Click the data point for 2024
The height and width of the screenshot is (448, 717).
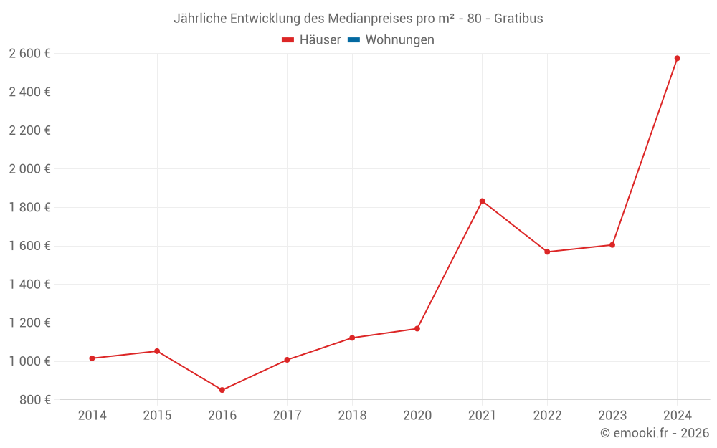(x=677, y=58)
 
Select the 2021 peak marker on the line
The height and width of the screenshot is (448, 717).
(x=482, y=201)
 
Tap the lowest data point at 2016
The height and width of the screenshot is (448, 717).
(x=222, y=390)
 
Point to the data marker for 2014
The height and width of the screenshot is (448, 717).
(x=92, y=358)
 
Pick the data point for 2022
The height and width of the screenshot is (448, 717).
(x=547, y=252)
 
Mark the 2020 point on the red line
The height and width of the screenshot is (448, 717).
(x=417, y=329)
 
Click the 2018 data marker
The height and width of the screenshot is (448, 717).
(x=352, y=338)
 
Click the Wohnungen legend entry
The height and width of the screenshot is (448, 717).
(x=399, y=40)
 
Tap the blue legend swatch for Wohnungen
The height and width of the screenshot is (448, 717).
(x=353, y=40)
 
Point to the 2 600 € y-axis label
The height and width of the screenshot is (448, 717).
(x=29, y=54)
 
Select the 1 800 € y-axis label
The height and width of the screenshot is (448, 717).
(x=29, y=207)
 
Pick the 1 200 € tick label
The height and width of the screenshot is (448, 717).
(x=29, y=323)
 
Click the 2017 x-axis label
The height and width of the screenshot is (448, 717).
(x=287, y=416)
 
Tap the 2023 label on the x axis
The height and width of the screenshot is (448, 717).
(x=612, y=416)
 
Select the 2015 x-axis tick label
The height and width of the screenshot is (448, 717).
(x=157, y=416)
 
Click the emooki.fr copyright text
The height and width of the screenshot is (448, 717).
(x=655, y=433)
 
